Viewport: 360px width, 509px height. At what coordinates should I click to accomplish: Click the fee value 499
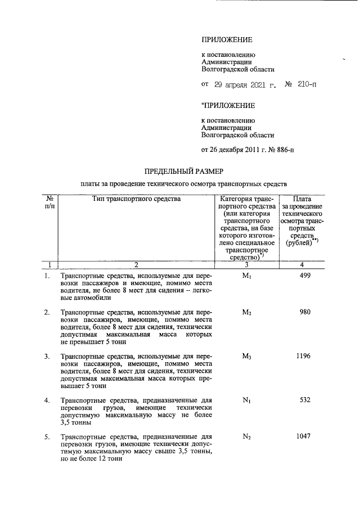(x=304, y=276)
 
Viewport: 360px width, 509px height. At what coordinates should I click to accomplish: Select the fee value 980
(x=304, y=312)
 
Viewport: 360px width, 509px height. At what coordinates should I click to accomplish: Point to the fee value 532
(x=304, y=400)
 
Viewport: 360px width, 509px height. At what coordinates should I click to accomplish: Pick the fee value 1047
(x=304, y=436)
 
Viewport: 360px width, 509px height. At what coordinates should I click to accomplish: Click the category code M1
(x=246, y=276)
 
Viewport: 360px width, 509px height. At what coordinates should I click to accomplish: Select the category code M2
(x=246, y=312)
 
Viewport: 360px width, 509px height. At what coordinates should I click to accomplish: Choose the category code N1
(x=246, y=400)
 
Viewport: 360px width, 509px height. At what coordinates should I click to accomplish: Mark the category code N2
(x=246, y=436)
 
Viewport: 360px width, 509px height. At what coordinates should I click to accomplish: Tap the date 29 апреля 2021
(x=239, y=85)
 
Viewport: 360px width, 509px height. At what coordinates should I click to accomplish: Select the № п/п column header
(x=49, y=202)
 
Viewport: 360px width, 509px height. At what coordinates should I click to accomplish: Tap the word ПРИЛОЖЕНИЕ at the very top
(x=227, y=40)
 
